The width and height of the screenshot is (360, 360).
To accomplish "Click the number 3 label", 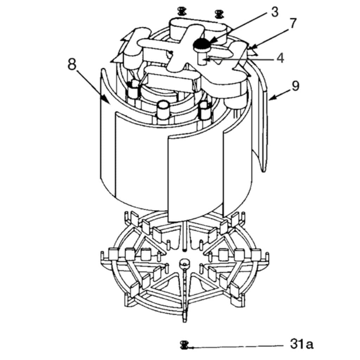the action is [x=275, y=12].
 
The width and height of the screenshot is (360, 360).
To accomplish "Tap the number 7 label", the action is [x=292, y=23].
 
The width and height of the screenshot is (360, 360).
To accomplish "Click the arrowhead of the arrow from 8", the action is [x=106, y=100].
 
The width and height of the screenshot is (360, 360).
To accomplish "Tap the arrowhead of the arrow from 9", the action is [x=271, y=98].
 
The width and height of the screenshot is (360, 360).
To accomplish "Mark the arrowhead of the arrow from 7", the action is [x=252, y=48].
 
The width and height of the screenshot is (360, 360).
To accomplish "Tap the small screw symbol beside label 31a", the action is [x=184, y=345].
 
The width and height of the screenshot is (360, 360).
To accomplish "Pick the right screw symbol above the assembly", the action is [x=219, y=14].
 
